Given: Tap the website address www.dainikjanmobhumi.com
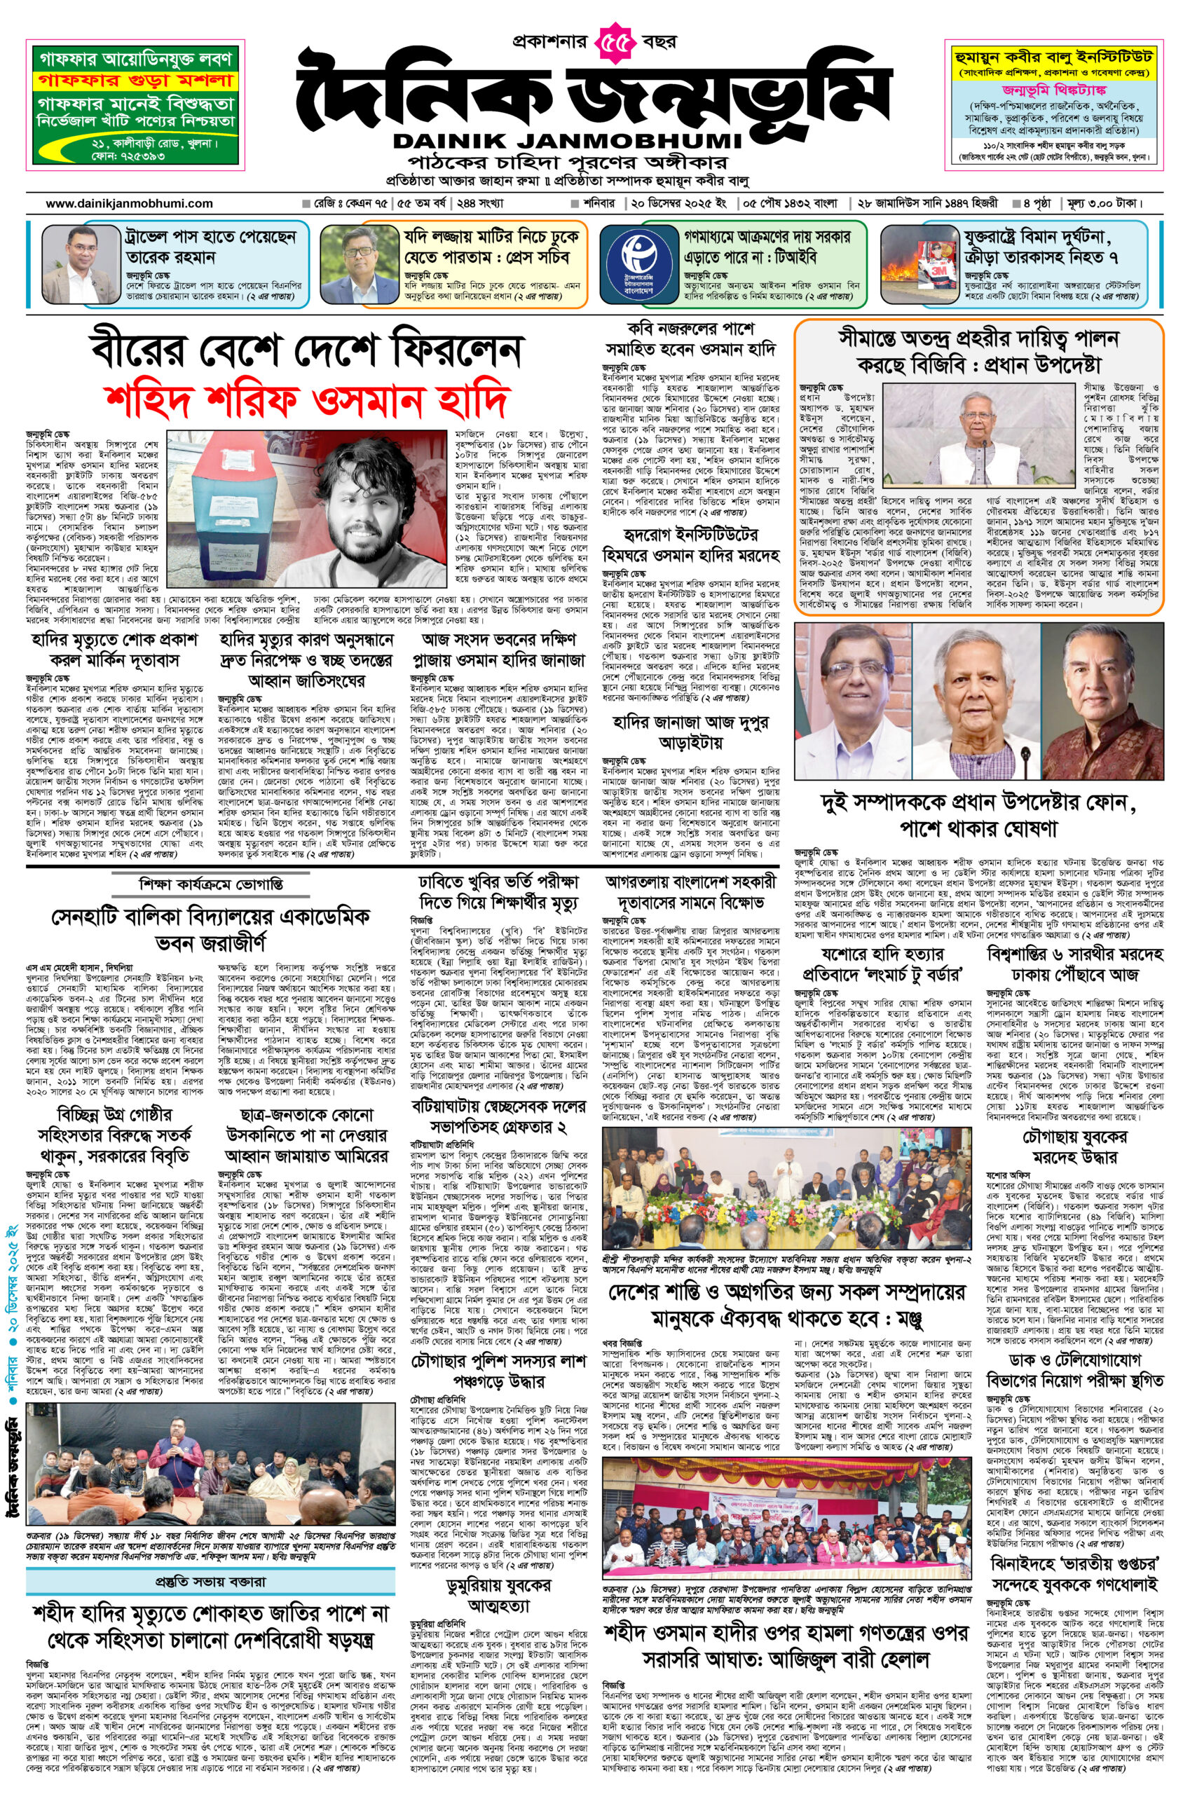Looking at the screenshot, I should [129, 203].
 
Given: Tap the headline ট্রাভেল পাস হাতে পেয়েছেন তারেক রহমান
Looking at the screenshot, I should [210, 247].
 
